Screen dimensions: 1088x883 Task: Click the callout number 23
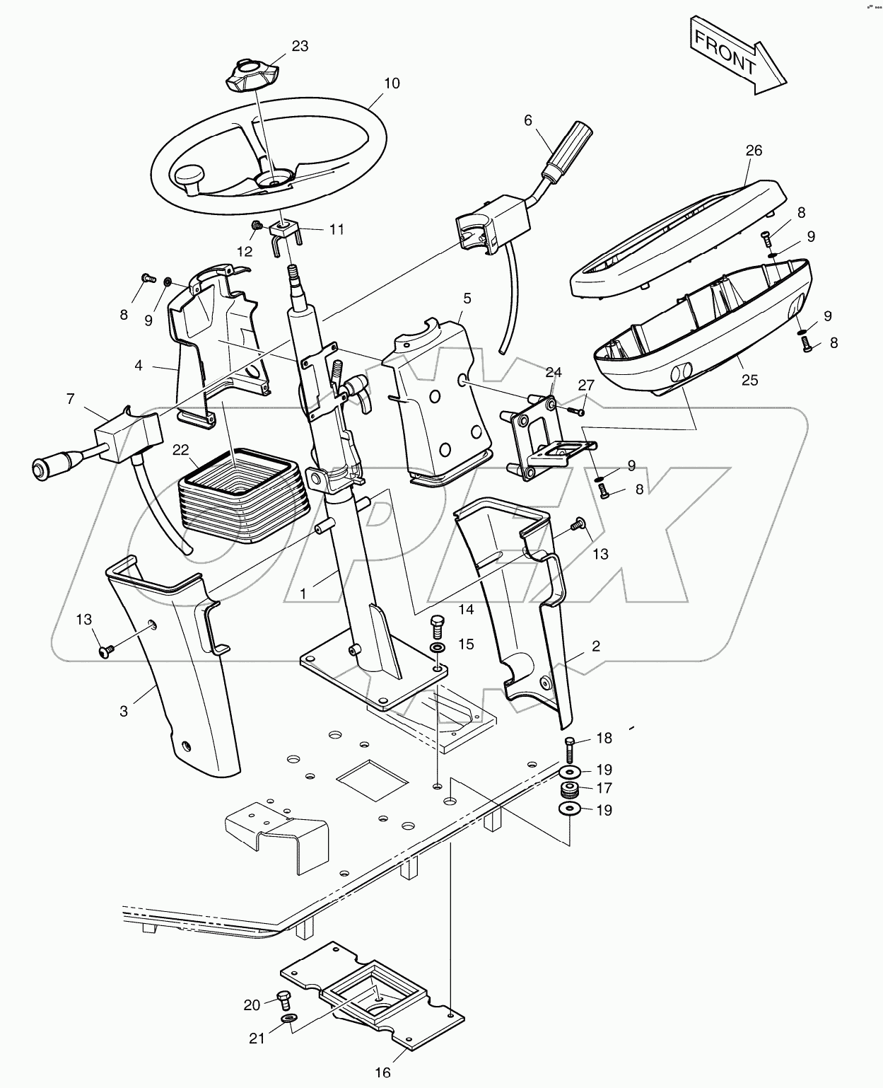click(x=300, y=46)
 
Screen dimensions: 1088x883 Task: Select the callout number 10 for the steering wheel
click(x=391, y=83)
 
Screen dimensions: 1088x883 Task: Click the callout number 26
click(x=754, y=150)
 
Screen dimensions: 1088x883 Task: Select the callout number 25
click(x=749, y=380)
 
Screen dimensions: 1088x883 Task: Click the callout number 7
click(x=70, y=399)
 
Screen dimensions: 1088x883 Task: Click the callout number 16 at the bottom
click(x=382, y=1072)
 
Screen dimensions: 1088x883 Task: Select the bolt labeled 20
click(x=285, y=1000)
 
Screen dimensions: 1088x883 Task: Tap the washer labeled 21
click(x=289, y=1018)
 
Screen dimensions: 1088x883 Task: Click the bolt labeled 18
click(x=571, y=746)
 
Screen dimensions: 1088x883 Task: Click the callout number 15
click(x=466, y=644)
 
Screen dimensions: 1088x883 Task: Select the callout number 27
click(x=587, y=385)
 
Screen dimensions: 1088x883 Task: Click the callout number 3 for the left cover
click(x=124, y=711)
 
